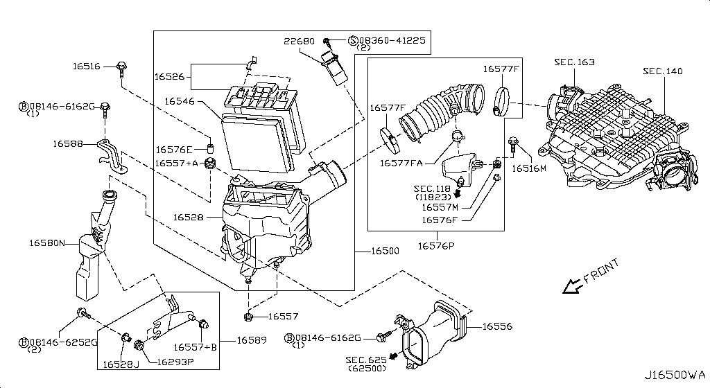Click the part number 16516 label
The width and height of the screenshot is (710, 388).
87,67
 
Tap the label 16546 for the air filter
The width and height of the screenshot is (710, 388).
179,101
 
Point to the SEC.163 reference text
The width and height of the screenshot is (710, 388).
574,62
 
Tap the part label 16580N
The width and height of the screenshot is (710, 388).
46,243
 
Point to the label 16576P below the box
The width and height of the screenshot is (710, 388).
435,245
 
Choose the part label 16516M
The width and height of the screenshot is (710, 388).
529,168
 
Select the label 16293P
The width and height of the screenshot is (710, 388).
175,362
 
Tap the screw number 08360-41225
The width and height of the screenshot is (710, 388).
393,41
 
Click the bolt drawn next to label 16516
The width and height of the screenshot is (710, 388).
122,67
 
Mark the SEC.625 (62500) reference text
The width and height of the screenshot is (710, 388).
367,364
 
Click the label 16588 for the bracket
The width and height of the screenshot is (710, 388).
67,144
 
